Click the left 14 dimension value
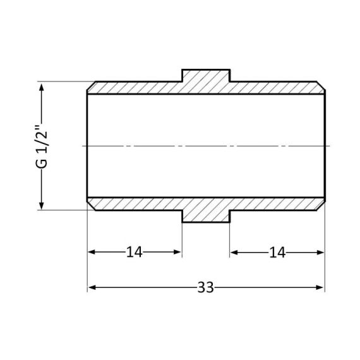[x=134, y=253]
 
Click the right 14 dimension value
[x=277, y=253]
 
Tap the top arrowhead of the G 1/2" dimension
[x=42, y=86]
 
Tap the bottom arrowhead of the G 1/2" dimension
[x=42, y=205]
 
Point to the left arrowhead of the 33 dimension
[x=91, y=287]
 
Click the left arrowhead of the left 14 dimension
[x=91, y=253]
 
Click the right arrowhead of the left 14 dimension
[x=178, y=253]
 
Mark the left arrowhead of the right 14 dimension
[x=234, y=253]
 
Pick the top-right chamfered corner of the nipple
[x=321, y=85]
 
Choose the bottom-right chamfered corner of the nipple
[x=321, y=207]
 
